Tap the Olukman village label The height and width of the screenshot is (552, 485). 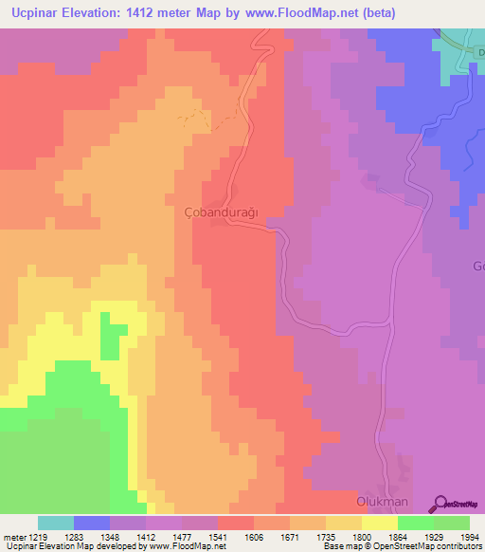tap(382, 500)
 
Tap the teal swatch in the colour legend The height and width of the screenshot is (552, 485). tap(56, 523)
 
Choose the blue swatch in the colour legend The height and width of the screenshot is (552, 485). tap(92, 523)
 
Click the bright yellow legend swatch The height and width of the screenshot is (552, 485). tap(380, 523)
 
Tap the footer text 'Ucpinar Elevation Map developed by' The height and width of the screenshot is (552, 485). tap(76, 546)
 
